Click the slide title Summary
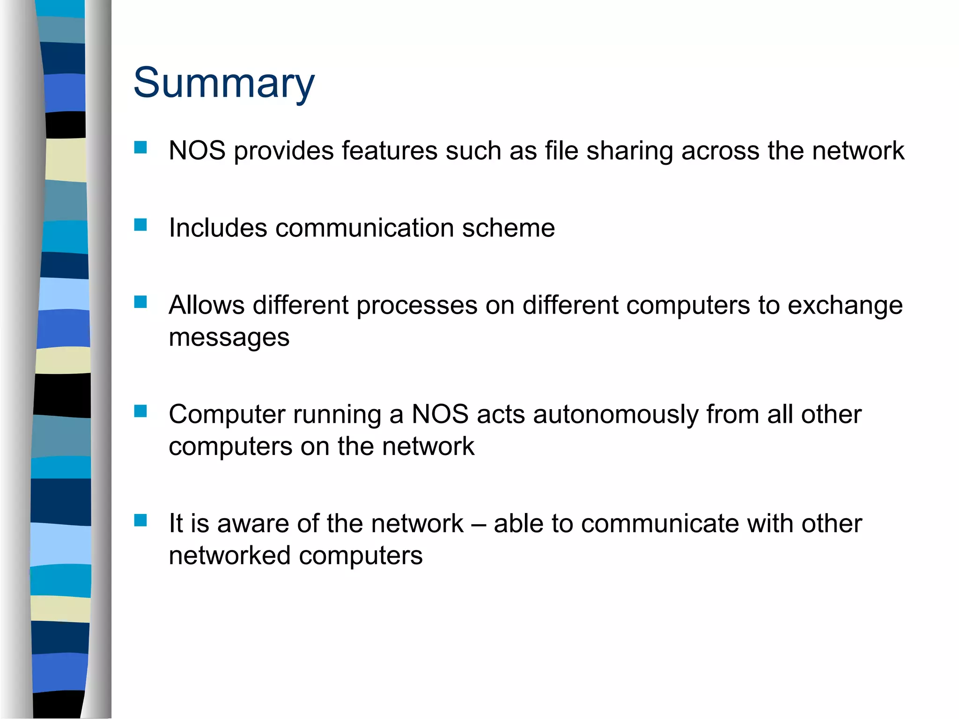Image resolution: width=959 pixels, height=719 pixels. [x=224, y=83]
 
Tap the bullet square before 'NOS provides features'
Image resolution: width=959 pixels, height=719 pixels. [x=140, y=148]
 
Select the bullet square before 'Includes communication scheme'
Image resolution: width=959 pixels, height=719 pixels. [x=140, y=225]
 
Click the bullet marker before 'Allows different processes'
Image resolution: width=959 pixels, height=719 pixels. [x=140, y=302]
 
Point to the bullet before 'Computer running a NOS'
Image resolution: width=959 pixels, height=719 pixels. [x=140, y=411]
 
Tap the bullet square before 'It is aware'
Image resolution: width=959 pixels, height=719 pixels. [x=140, y=520]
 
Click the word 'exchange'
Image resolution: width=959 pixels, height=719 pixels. [x=845, y=306]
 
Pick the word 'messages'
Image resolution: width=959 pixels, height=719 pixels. [x=229, y=337]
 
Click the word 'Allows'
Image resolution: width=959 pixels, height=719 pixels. [x=207, y=305]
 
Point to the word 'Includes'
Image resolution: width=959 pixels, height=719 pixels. [x=218, y=228]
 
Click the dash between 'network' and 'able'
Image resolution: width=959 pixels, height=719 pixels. [x=478, y=524]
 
